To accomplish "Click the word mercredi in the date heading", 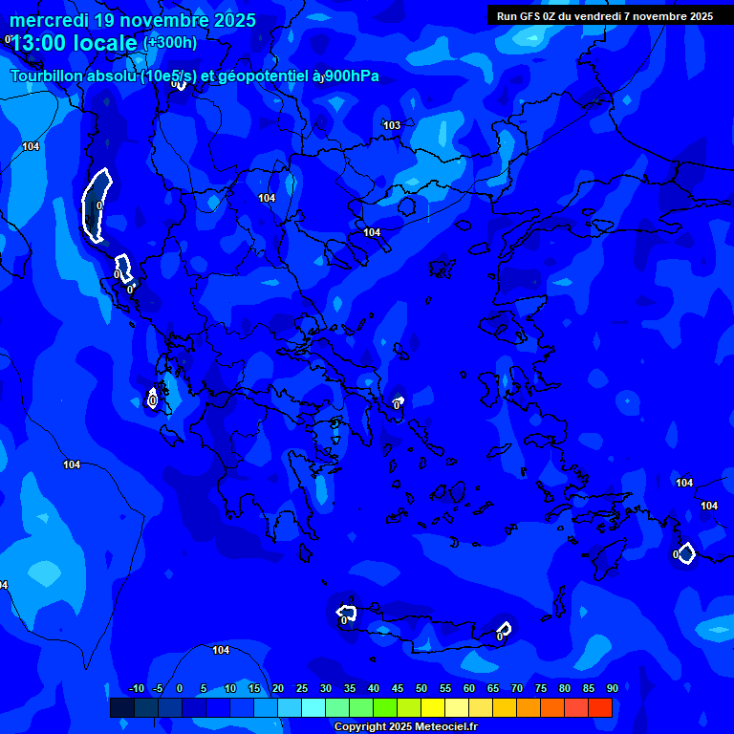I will [48, 20].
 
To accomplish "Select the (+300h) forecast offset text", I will [170, 43].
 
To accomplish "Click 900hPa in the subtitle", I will [352, 76].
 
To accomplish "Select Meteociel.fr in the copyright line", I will [445, 726].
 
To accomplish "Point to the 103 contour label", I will [392, 125].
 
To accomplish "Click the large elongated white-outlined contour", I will [97, 204].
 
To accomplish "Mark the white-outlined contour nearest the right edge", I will [684, 553].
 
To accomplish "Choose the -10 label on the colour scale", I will [136, 688].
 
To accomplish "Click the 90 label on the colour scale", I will [612, 688].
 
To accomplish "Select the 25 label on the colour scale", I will [301, 688].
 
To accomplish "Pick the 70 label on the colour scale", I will [516, 688].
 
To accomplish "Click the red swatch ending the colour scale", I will [600, 707].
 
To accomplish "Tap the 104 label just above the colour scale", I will [221, 650].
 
